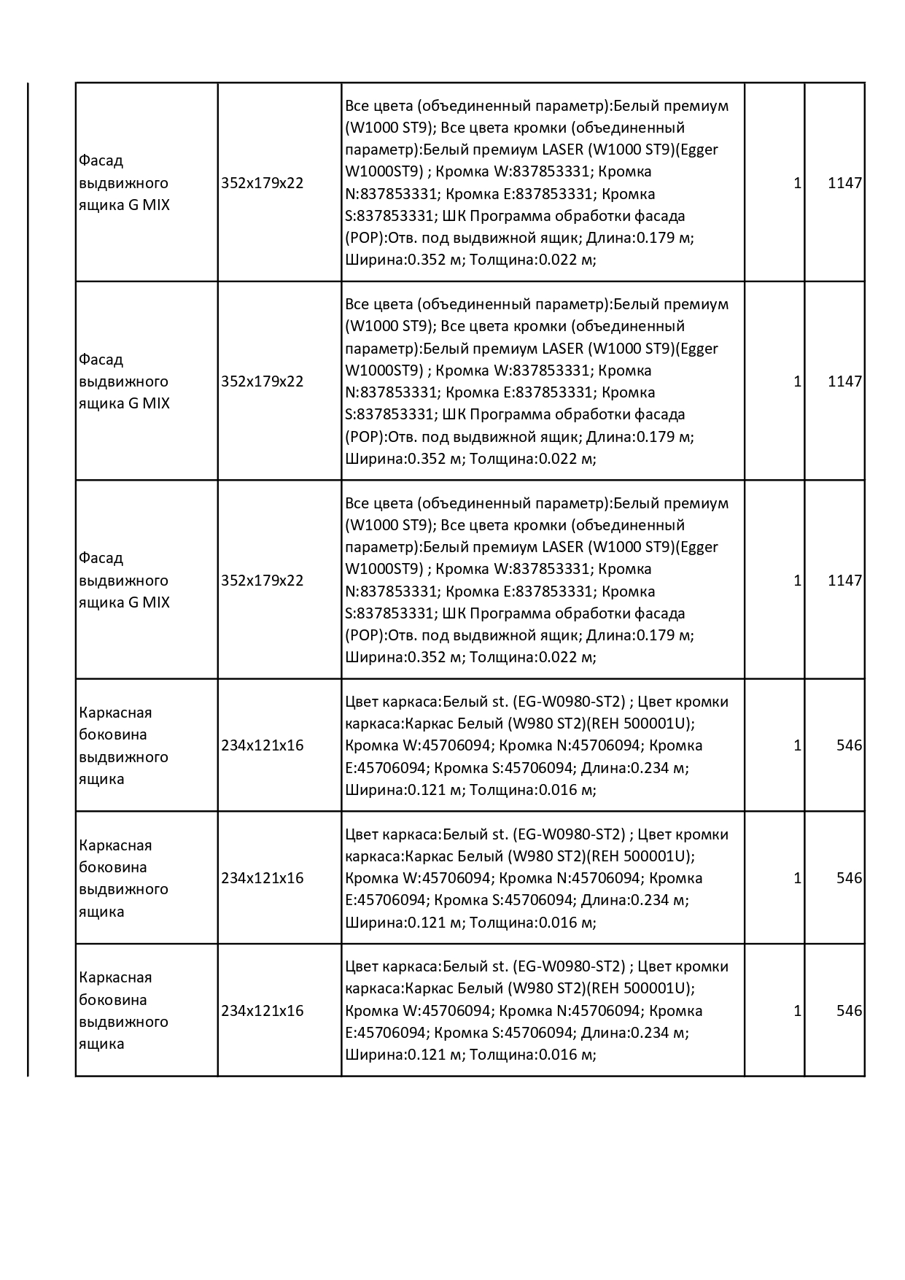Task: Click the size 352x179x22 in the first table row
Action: tap(262, 183)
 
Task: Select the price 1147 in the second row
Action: tap(844, 381)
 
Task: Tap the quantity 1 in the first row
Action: tap(797, 183)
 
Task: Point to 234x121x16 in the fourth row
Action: tap(262, 745)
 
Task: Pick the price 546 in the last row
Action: tap(849, 1011)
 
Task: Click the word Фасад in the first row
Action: tap(101, 160)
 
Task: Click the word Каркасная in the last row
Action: tap(115, 977)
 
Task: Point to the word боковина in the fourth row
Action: tap(112, 734)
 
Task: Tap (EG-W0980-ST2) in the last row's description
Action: tap(570, 966)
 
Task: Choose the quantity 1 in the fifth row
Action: tap(797, 878)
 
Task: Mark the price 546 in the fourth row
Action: tap(849, 745)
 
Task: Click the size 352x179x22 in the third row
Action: tap(262, 581)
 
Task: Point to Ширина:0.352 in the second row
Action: tap(404, 459)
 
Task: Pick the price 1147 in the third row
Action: tap(844, 581)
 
